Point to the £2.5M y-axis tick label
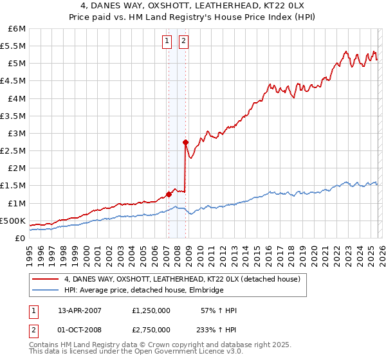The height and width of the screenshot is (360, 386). click(x=13, y=150)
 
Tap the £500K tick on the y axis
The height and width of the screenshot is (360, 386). click(x=13, y=221)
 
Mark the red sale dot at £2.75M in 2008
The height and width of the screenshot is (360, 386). click(x=185, y=142)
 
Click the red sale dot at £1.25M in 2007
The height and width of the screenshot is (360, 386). click(x=169, y=194)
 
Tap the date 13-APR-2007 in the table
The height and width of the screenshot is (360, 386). click(x=80, y=310)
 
